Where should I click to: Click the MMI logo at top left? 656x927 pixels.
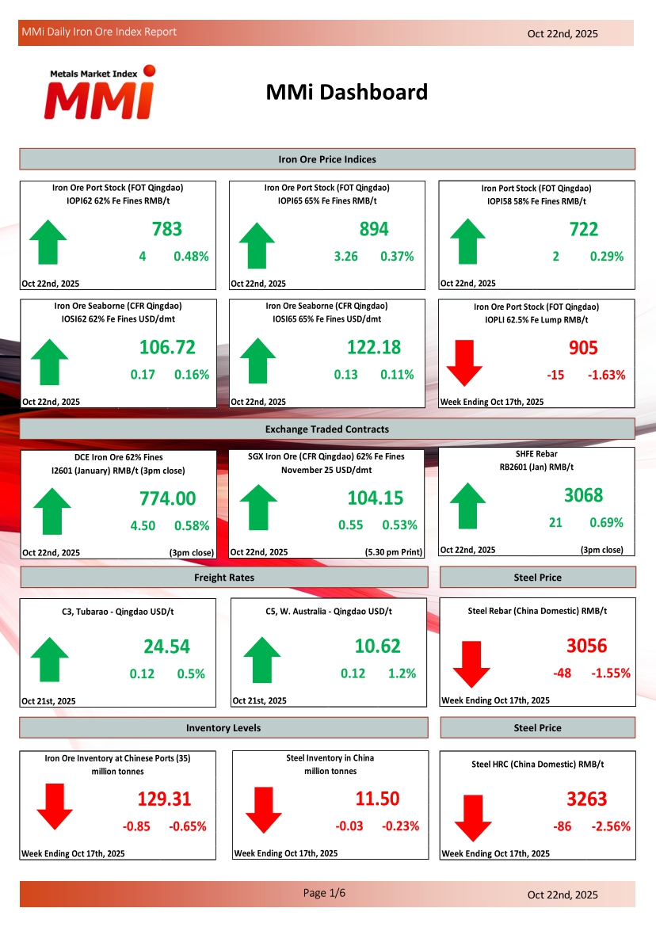[99, 93]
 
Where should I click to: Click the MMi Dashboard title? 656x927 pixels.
[346, 92]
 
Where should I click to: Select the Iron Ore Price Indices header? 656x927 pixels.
[326, 159]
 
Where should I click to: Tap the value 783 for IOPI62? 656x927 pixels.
[167, 230]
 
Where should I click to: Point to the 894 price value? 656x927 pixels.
[374, 230]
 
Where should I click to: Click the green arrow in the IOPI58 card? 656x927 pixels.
[467, 242]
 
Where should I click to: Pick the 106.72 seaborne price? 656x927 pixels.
[167, 347]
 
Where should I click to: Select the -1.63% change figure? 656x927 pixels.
[606, 375]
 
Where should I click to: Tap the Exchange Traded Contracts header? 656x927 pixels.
[326, 429]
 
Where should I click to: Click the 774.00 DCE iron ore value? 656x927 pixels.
[167, 498]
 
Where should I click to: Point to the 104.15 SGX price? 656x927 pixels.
[375, 498]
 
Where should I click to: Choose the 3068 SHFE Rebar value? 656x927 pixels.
[583, 495]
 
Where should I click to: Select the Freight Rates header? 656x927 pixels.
[223, 578]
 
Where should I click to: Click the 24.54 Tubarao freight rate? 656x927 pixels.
[166, 647]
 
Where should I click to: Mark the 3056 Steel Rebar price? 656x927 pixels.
[586, 646]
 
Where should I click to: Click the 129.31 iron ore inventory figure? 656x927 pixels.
[164, 799]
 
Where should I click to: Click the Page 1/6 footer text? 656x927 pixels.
[325, 893]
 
